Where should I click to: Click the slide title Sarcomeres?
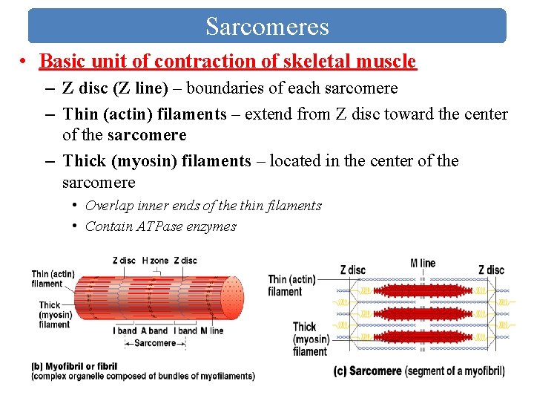point(267,27)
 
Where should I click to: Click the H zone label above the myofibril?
point(156,261)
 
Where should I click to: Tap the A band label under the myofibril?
point(155,330)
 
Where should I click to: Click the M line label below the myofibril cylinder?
point(212,330)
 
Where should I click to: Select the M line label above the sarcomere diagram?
point(423,263)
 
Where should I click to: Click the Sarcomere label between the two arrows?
point(155,343)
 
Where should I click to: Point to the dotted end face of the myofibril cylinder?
point(232,297)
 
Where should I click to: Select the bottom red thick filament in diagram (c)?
point(423,337)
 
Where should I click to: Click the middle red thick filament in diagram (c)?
point(423,314)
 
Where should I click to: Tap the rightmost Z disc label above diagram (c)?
point(492,270)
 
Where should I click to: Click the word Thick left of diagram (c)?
point(305,327)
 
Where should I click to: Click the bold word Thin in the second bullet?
point(79,114)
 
